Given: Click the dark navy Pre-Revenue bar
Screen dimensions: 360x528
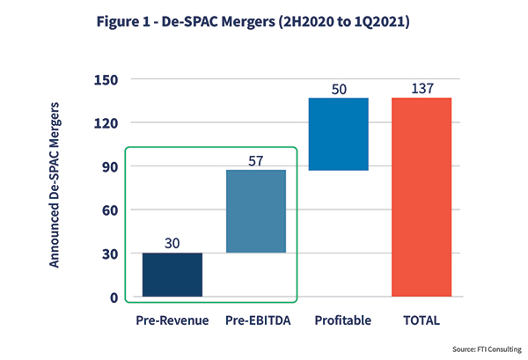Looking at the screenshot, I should coord(172,275).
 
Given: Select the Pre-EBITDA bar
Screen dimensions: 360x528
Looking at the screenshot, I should coord(256,211).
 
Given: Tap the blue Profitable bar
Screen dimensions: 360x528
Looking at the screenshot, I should coord(339,134).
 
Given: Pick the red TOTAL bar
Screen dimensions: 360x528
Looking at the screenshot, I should coord(422,197).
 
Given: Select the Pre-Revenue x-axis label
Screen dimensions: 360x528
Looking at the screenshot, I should coord(172,320).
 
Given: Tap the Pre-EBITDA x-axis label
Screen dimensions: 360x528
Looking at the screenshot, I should coord(256,320).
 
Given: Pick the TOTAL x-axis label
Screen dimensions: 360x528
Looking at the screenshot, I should coord(422,320).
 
